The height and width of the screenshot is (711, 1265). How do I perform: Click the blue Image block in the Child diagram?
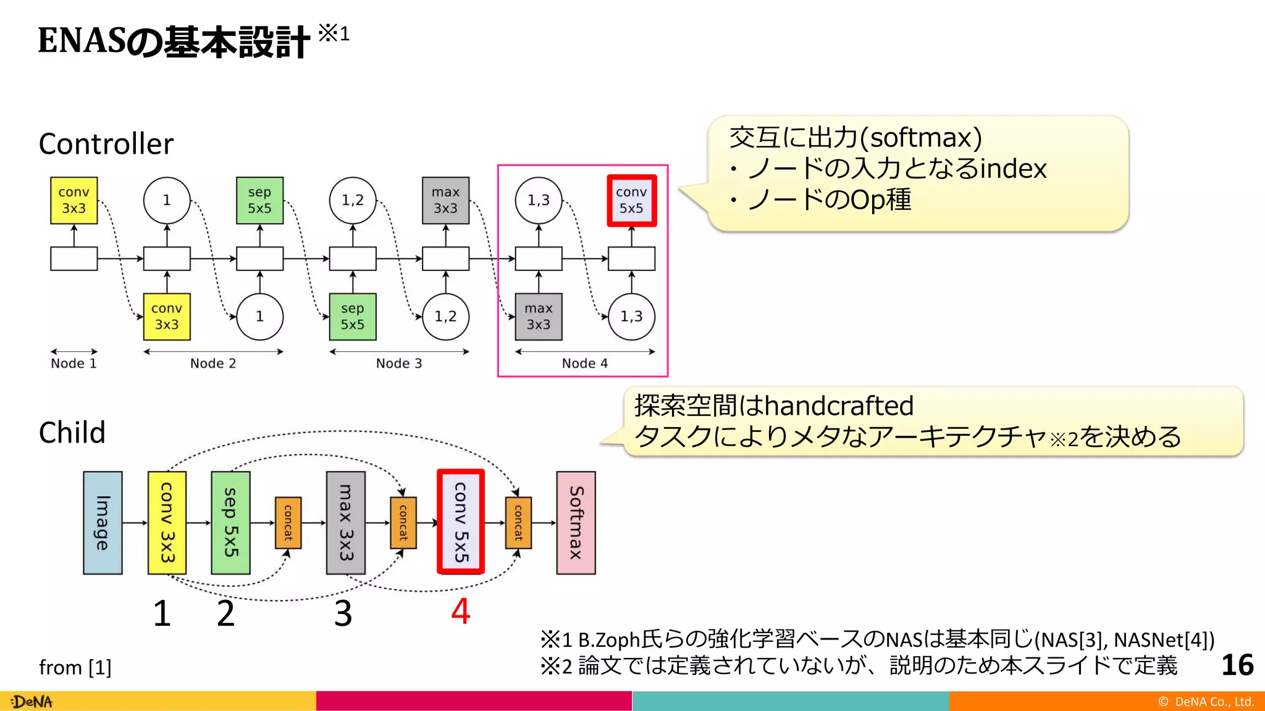pos(103,523)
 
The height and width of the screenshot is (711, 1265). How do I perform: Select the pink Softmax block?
pos(576,523)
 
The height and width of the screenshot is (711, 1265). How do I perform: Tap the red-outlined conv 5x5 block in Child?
pos(461,522)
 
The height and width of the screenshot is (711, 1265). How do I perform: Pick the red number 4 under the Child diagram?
pos(461,612)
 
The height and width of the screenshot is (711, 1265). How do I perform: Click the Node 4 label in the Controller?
pos(584,364)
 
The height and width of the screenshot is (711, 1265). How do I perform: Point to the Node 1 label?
pos(74,364)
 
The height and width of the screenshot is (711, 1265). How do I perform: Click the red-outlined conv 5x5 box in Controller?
pos(631,201)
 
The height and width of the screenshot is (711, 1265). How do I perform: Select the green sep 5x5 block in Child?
pos(230,523)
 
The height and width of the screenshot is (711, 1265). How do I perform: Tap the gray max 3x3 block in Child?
pos(345,523)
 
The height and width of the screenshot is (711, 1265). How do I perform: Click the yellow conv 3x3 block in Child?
pos(167,523)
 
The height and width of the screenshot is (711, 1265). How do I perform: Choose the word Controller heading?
pos(106,144)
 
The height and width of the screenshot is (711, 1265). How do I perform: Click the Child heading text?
pos(72,433)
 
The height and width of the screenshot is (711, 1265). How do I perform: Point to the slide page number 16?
pos(1237,665)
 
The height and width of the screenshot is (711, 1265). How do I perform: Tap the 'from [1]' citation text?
pos(75,668)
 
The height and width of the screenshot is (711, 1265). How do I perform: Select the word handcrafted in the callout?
pos(839,406)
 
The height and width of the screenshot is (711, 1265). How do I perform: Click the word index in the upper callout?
pos(1013,169)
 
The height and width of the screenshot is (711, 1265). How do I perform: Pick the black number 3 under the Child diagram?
pos(343,613)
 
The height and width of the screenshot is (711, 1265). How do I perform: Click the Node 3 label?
pos(399,364)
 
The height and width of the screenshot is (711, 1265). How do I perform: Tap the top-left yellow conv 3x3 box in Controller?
pos(74,201)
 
